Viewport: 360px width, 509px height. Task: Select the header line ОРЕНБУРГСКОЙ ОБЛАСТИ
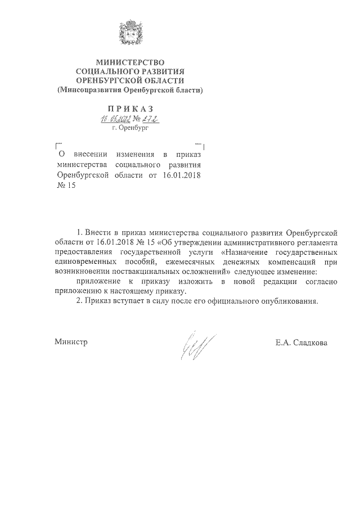click(130, 80)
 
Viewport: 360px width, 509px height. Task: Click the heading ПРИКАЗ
click(130, 108)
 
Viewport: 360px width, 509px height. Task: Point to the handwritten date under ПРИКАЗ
click(115, 119)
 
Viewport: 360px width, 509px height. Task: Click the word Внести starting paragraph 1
click(98, 232)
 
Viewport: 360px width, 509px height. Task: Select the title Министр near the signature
click(71, 341)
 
